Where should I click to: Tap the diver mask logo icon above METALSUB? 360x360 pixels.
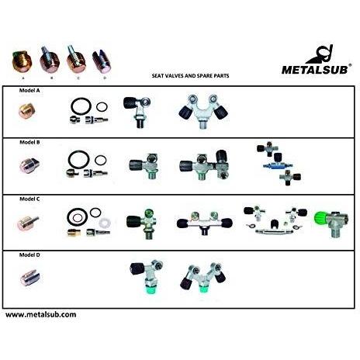click(320, 54)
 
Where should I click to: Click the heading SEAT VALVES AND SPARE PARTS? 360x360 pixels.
click(190, 76)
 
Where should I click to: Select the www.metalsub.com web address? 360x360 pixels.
click(41, 315)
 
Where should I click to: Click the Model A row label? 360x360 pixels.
click(29, 91)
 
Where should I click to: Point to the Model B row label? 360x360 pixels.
click(29, 142)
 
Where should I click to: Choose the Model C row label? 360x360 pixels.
click(29, 199)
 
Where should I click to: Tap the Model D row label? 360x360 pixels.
click(29, 254)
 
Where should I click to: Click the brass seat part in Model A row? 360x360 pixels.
click(27, 111)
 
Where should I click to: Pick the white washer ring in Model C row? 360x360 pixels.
click(105, 223)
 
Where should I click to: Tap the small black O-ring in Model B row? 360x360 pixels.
click(100, 161)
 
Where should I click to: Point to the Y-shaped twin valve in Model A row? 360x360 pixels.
click(203, 111)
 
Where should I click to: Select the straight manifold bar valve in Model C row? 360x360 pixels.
click(204, 223)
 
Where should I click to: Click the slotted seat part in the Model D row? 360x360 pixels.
click(30, 278)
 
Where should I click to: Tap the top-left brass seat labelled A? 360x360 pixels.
click(22, 62)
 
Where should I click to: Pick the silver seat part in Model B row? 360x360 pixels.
click(29, 165)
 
